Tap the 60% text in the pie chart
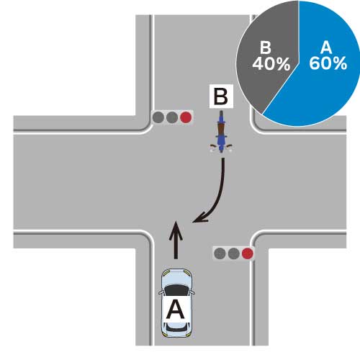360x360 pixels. (x=328, y=63)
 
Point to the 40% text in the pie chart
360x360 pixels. (x=271, y=64)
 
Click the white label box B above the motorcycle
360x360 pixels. (x=221, y=96)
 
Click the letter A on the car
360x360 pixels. (x=176, y=310)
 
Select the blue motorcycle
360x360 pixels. (x=221, y=132)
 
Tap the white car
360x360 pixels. (x=176, y=303)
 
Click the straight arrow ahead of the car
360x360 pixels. (x=176, y=240)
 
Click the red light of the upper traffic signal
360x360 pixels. (x=186, y=117)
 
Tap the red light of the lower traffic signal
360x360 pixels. (x=248, y=253)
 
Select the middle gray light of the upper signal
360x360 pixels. (x=172, y=117)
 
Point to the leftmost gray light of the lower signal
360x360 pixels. (x=220, y=253)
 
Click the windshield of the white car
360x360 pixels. (x=176, y=290)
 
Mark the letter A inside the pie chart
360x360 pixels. (x=326, y=48)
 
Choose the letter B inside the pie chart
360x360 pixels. (x=266, y=48)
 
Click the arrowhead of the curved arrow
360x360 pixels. (x=200, y=217)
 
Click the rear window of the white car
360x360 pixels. (x=176, y=326)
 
